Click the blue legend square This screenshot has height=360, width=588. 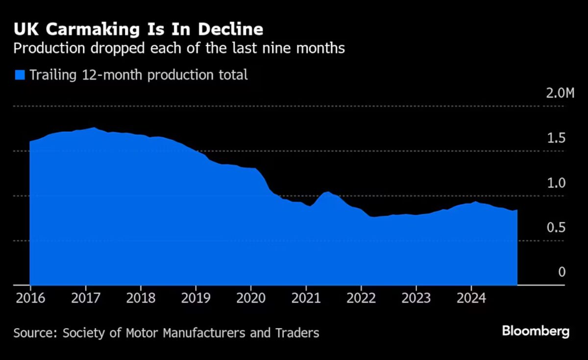pos(20,75)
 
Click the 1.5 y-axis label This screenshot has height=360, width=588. pos(556,138)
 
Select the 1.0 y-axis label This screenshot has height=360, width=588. pos(556,183)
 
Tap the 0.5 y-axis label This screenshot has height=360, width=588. pos(556,228)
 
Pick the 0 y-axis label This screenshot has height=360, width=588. pos(562,272)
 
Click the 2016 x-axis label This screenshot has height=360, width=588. pos(30,298)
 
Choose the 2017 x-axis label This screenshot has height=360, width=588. pos(85,298)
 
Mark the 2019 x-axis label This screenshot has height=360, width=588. pos(196,298)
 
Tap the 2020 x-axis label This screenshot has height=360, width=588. pos(250,298)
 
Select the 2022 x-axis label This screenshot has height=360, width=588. pos(361,298)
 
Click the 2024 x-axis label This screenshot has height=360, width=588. pos(471,298)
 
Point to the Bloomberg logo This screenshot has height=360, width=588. pos(536,332)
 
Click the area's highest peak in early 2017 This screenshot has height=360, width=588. pos(93,128)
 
